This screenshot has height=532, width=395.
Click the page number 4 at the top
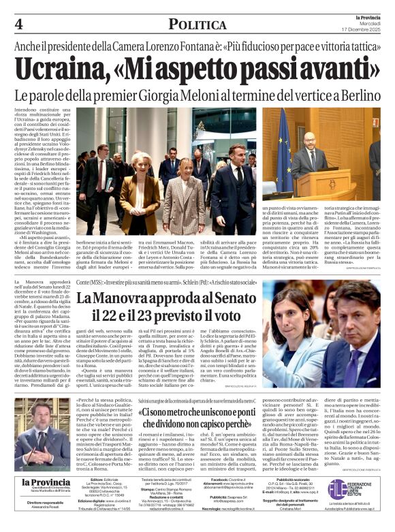(x=18, y=24)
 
